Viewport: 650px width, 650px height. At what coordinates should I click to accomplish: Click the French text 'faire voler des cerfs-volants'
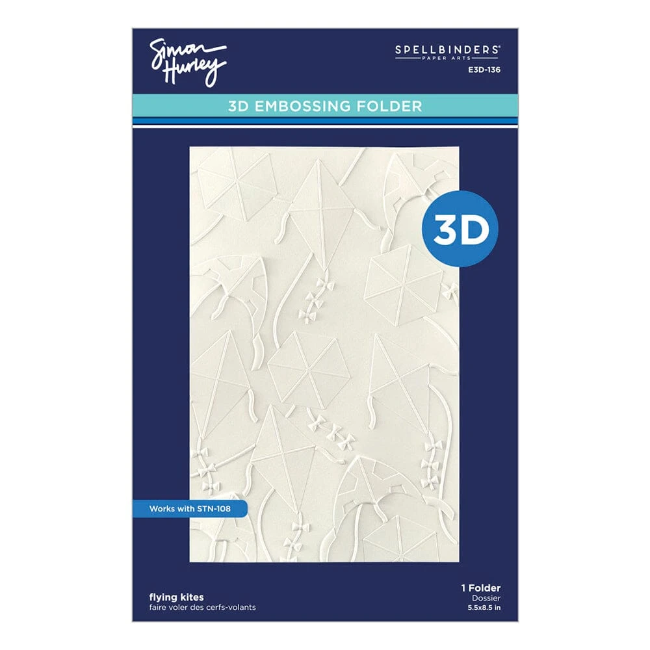point(202,608)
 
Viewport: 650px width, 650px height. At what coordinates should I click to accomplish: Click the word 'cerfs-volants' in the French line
point(232,608)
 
